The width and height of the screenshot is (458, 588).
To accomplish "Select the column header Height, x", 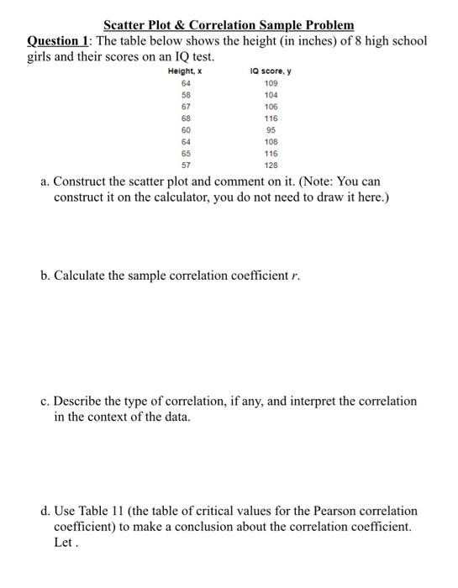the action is (x=185, y=72).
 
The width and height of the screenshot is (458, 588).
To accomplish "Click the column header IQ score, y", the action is (x=271, y=72).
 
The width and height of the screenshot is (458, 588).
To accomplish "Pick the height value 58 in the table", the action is (x=185, y=96).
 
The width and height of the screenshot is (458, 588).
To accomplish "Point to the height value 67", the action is (x=185, y=108).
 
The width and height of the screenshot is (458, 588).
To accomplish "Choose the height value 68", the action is (x=185, y=119).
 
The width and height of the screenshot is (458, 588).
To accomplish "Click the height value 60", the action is (x=185, y=131).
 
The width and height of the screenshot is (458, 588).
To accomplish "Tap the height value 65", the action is (x=185, y=155).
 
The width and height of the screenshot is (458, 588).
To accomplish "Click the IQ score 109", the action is (x=271, y=84).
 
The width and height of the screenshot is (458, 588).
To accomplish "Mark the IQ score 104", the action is (x=271, y=96).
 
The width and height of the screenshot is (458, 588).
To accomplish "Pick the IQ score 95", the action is (x=271, y=131).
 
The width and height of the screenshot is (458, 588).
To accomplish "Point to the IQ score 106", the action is (x=271, y=108).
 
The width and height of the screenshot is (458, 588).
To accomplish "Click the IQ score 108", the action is (x=271, y=143).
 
